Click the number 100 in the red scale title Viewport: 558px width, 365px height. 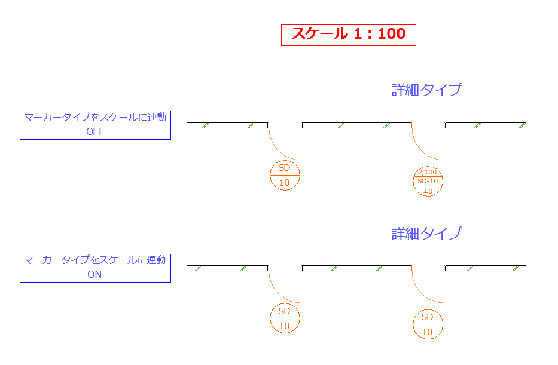392,34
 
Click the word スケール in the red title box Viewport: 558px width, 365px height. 319,34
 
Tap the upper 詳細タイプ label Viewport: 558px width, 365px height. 426,90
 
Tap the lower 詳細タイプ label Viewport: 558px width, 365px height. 426,233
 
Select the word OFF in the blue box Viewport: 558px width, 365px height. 95,131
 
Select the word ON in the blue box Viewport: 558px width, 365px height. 94,274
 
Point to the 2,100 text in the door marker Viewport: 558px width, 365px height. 428,172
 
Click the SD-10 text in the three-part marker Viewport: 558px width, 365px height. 428,181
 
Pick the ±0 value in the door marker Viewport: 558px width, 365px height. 428,191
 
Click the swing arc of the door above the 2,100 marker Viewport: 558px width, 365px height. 422,151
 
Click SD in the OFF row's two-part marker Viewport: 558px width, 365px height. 284,168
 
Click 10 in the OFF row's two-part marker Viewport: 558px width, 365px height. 284,183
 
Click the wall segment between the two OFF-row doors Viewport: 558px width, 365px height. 356,125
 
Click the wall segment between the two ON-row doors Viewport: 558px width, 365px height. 356,268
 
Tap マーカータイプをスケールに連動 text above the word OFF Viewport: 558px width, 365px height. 95,117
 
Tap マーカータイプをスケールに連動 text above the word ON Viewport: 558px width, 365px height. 94,260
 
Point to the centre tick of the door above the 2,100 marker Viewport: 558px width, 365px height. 428,128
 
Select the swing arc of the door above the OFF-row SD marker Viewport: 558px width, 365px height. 278,151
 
